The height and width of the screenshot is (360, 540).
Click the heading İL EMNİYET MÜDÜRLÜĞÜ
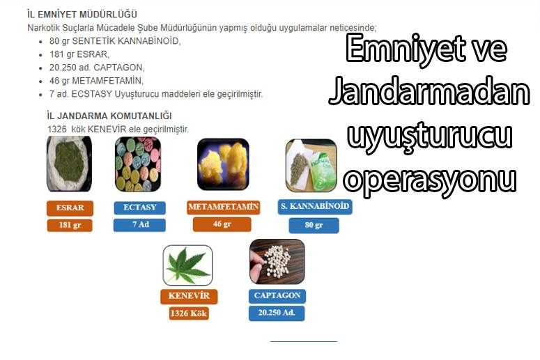pos(82,15)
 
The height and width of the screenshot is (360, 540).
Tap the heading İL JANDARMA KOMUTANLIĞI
pos(109,116)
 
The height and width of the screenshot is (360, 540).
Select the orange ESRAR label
pos(70,208)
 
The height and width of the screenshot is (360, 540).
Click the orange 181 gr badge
pos(70,226)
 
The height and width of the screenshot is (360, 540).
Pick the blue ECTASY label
pos(140,208)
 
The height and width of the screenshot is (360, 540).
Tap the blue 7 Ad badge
pos(139,225)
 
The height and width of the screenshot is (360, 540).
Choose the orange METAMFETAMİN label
pos(223,207)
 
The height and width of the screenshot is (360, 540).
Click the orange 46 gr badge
pos(222,224)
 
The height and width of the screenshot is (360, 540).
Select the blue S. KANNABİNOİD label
pos(315,207)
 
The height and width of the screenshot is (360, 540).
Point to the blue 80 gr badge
pos(314,226)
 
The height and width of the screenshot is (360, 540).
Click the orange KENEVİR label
pos(189,296)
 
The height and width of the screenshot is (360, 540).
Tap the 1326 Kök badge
pos(189,313)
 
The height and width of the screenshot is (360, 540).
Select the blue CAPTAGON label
pos(277,296)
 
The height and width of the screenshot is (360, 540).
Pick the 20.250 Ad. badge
pos(277,313)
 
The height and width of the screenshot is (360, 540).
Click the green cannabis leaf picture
pos(187,265)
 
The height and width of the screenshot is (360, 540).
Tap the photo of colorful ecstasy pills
pos(138,164)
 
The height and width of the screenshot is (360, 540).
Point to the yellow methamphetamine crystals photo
pos(223,164)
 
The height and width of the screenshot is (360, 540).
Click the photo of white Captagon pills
pos(277,262)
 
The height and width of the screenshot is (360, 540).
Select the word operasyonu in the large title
pos(430,180)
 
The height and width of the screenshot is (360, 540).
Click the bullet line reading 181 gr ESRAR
pos(79,54)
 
